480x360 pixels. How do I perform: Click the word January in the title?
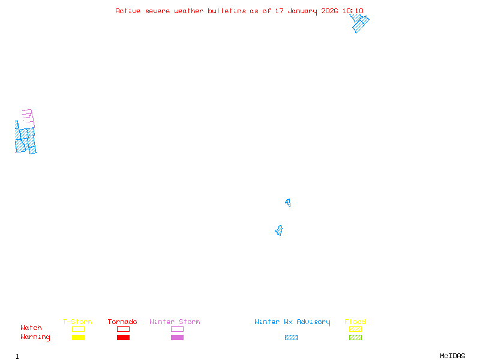[x=302, y=11]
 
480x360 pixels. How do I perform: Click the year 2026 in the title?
[x=329, y=11]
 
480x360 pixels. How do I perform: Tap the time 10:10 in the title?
[x=353, y=11]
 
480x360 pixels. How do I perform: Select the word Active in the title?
[x=128, y=11]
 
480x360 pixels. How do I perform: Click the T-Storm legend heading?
[x=77, y=322]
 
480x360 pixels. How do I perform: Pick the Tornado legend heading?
[x=122, y=322]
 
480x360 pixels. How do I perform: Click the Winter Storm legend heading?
[x=175, y=322]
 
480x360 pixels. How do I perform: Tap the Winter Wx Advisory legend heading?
[x=292, y=322]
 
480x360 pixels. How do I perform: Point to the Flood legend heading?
[x=355, y=322]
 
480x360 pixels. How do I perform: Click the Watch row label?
[x=31, y=328]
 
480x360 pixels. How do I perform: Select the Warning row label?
[x=35, y=337]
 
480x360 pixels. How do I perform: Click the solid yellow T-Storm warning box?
[x=79, y=337]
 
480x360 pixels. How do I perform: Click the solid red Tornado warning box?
[x=124, y=337]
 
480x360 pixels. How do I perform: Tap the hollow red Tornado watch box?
[x=124, y=326]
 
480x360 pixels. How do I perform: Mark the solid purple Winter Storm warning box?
[x=177, y=337]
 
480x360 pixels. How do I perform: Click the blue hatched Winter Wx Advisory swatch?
[x=291, y=337]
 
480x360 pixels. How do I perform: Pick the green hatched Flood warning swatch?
[x=355, y=337]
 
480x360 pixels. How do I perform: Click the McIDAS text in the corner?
[x=452, y=356]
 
